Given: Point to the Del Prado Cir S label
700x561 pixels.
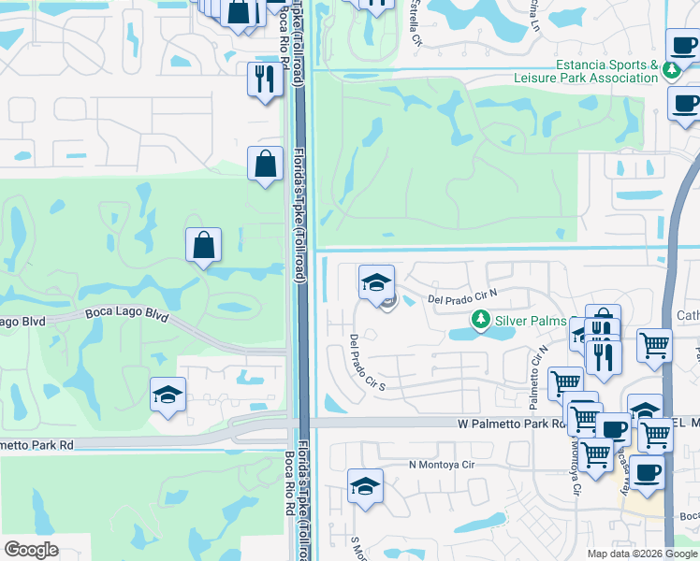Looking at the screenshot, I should [x=367, y=362].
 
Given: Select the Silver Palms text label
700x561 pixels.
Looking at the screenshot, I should [x=531, y=321].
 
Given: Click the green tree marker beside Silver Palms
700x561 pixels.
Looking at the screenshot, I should [x=481, y=321].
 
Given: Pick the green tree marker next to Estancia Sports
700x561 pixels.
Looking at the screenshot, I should [x=671, y=70].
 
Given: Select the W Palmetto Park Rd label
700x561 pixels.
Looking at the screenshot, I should [x=514, y=424].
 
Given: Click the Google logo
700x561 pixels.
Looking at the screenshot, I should [x=31, y=550].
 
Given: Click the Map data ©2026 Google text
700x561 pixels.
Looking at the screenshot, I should [x=642, y=554].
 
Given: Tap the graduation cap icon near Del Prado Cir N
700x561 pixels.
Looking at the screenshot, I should [x=376, y=282].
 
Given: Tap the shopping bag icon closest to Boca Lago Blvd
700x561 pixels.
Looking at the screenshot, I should [x=203, y=246].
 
